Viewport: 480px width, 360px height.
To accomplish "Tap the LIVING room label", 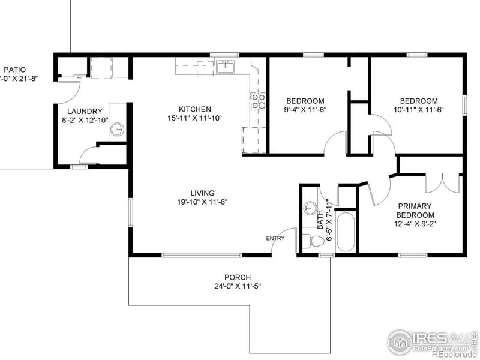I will [x=202, y=193].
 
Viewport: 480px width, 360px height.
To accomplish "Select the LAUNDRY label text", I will [x=85, y=111].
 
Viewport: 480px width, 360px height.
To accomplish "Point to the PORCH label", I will [x=238, y=277].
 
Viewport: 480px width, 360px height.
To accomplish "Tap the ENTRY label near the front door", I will [x=275, y=238].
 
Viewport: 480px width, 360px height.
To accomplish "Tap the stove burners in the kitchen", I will [x=259, y=101].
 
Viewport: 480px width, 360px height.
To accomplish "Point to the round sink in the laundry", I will [x=119, y=128].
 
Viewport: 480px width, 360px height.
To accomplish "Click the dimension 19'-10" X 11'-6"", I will [x=202, y=202].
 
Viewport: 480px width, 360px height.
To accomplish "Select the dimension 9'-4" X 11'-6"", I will [x=305, y=110].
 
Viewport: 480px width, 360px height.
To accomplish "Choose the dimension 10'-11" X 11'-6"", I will [x=419, y=110].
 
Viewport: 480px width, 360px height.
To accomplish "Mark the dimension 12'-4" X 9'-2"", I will [x=415, y=224].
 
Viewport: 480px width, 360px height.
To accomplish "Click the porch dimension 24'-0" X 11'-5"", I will [x=238, y=286].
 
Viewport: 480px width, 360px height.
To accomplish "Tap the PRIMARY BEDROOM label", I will [x=415, y=211].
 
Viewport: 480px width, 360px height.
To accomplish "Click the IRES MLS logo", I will [x=431, y=339].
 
